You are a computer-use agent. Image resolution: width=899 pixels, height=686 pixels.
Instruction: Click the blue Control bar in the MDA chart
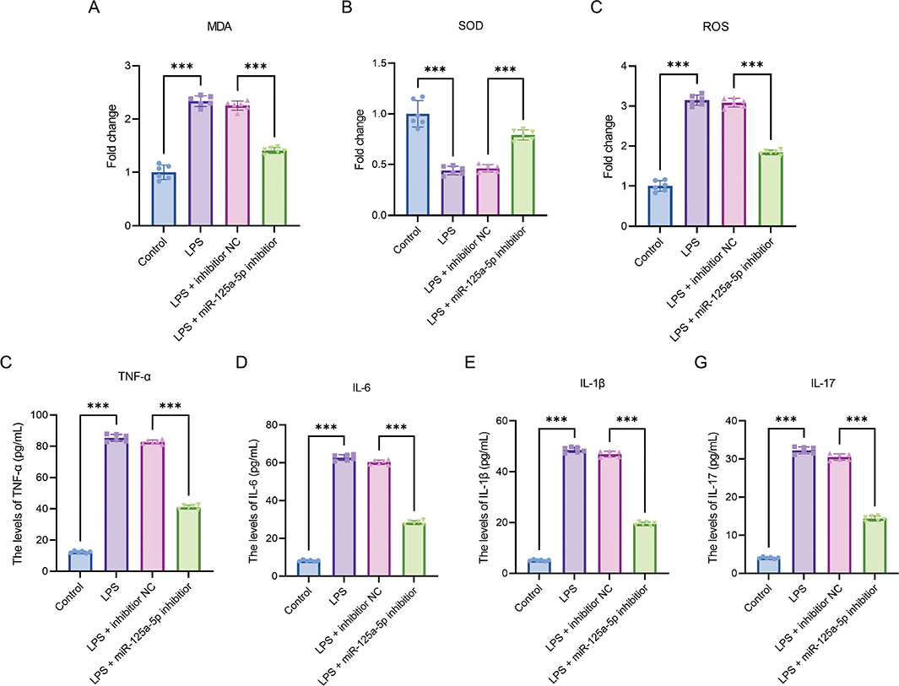click(164, 199)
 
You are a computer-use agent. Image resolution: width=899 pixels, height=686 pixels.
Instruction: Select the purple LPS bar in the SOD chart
click(453, 193)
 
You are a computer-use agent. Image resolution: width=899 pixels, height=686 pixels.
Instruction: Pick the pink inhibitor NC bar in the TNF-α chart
click(153, 506)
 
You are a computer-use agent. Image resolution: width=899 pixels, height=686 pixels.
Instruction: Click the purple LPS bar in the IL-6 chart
click(344, 516)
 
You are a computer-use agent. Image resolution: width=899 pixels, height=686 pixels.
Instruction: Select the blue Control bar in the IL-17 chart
click(768, 565)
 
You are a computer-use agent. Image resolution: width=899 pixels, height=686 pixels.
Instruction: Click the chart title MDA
click(219, 27)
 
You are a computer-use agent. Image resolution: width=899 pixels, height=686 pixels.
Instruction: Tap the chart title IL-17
click(823, 383)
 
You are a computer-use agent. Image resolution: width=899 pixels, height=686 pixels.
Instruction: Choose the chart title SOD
click(471, 26)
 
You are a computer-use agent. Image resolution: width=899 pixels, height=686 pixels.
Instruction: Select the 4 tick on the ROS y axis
click(624, 66)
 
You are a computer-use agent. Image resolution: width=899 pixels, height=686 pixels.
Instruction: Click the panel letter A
click(94, 8)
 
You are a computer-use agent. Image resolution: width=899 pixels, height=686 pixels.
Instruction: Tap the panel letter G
click(701, 363)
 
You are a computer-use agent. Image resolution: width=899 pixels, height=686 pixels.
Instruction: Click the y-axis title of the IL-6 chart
click(253, 500)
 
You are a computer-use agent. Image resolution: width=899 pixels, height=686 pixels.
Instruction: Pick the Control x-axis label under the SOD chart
click(408, 240)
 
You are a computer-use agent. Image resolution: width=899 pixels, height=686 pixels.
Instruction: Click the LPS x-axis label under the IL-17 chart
click(798, 591)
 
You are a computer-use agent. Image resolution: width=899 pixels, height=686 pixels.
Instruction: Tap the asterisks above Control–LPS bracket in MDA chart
click(181, 67)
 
